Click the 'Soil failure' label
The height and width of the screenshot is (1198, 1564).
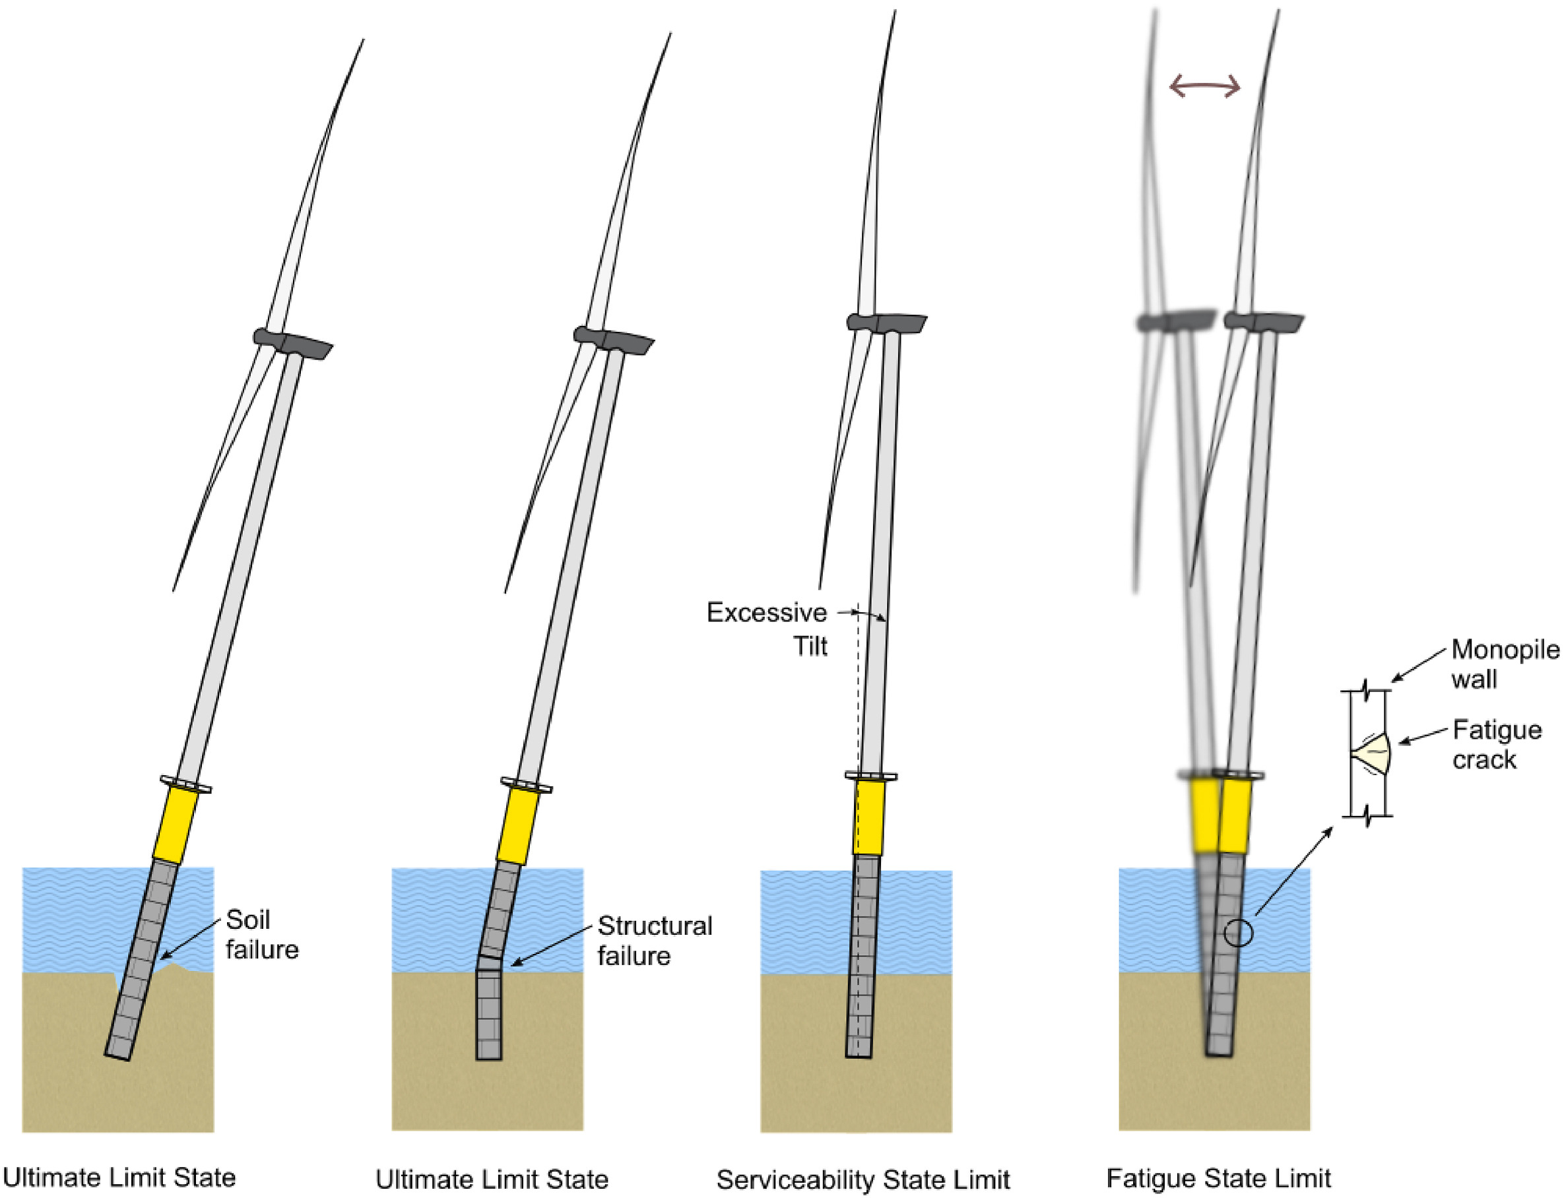[262, 935]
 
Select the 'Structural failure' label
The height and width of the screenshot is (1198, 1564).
[654, 941]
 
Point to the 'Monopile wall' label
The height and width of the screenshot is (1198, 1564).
[1505, 664]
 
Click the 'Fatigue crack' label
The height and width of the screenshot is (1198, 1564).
[1497, 745]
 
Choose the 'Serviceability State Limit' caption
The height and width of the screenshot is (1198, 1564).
[863, 1180]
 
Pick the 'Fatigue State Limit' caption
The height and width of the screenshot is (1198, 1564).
[1218, 1178]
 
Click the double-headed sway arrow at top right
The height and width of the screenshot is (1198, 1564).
[1204, 88]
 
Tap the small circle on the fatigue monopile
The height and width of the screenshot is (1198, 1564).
[1239, 933]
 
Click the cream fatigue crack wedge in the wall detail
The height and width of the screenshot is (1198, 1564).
[1373, 755]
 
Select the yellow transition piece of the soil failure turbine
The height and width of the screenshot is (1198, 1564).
[176, 826]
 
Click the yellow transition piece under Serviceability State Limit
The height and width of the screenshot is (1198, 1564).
[868, 818]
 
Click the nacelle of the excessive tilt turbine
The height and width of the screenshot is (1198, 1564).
[886, 323]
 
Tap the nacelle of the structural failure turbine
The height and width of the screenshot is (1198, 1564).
[614, 340]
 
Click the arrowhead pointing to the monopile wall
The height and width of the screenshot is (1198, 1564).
[1394, 679]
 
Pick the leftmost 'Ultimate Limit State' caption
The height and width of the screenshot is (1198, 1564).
[119, 1178]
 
